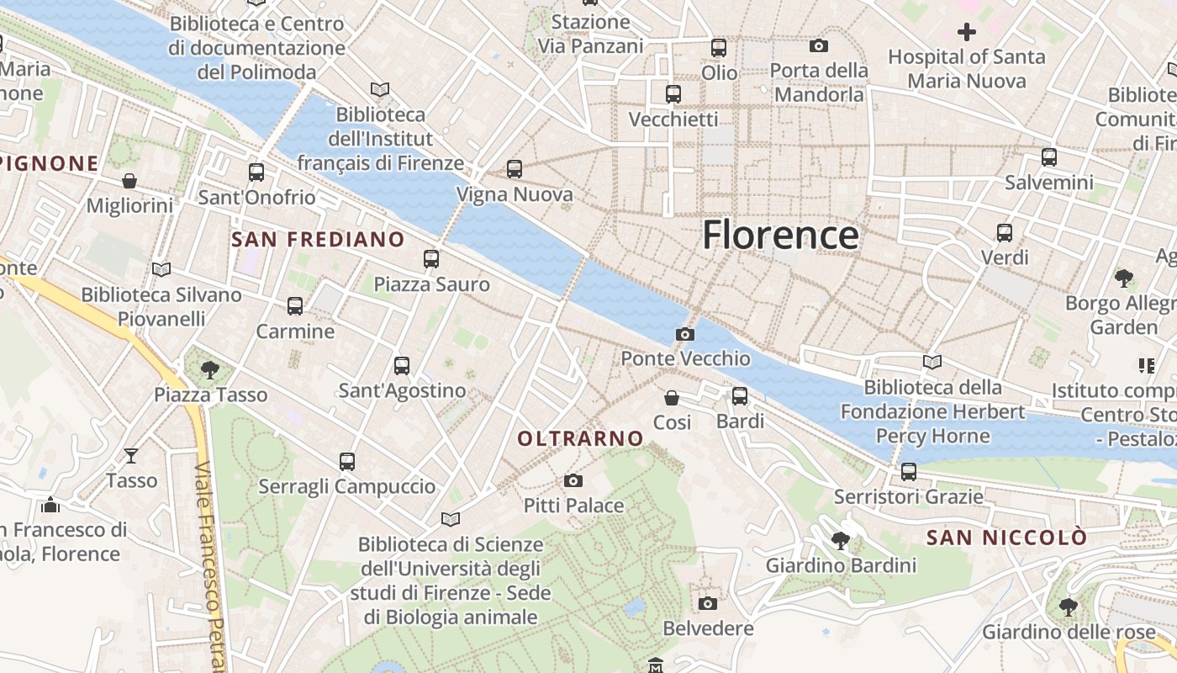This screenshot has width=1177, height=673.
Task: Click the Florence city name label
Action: (780, 235)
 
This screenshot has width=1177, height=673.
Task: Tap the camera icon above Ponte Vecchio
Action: (685, 334)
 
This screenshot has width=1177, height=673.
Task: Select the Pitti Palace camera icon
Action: (573, 480)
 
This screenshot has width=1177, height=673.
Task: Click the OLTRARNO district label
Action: (580, 438)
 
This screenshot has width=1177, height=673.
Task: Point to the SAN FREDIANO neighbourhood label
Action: (318, 240)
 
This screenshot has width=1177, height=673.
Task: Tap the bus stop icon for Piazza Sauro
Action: (431, 258)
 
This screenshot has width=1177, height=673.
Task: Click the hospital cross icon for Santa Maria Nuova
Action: (967, 32)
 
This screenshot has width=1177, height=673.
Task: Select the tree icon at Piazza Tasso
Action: (210, 369)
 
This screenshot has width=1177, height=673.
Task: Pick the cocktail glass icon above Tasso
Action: (131, 455)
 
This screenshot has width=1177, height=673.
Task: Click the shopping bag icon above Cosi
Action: (672, 397)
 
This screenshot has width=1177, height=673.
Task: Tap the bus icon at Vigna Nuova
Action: (515, 169)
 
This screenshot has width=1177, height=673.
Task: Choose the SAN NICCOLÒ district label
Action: (1006, 538)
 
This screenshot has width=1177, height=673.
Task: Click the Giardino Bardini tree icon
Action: (840, 540)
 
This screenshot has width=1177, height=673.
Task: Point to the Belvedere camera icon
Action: (708, 603)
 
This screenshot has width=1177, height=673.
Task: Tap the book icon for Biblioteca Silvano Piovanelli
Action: (161, 269)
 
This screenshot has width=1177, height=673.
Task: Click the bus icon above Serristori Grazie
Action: (909, 471)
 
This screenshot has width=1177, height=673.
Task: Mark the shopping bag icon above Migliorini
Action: (129, 181)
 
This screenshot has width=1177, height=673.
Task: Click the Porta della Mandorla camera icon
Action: (819, 45)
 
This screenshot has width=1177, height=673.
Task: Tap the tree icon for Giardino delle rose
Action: (1068, 606)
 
